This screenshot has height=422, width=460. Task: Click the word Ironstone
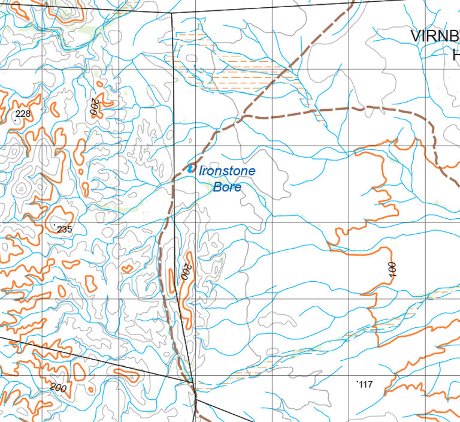point(227,171)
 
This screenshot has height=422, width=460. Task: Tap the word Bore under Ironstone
point(227,187)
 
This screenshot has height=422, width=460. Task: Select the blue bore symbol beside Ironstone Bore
point(191,169)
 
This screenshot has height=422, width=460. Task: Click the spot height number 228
point(23,114)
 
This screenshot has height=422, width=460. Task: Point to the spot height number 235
point(65,230)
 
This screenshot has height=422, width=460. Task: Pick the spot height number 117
point(365,385)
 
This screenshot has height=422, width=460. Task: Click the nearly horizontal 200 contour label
point(58,388)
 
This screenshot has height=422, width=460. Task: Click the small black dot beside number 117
point(357,381)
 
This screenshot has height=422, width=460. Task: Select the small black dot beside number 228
point(15,120)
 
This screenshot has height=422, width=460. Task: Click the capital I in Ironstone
point(201,171)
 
